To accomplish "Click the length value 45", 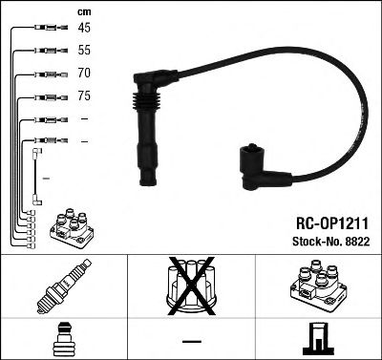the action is click(83, 27).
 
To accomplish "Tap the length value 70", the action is click(83, 72).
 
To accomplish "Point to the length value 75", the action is click(83, 95).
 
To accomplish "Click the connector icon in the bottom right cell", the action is click(317, 337).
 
